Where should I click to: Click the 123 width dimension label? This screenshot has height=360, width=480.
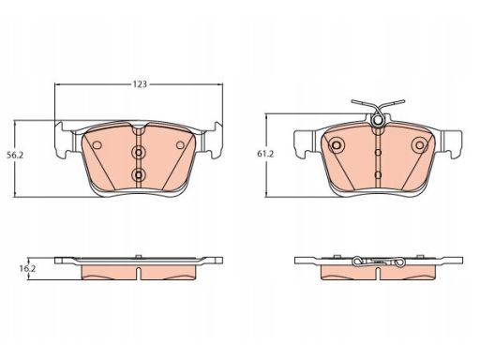(140, 84)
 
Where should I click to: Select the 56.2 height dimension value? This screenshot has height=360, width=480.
(15, 155)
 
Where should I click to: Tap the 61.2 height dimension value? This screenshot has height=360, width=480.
(265, 154)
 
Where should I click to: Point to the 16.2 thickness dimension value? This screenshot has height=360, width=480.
(27, 268)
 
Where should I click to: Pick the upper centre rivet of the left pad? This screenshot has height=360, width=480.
(138, 153)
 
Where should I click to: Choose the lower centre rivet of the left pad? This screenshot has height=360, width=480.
(138, 175)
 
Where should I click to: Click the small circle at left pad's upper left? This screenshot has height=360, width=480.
(97, 145)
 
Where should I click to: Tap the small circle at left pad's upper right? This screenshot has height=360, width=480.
(180, 145)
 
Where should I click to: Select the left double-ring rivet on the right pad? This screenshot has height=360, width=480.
(337, 145)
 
